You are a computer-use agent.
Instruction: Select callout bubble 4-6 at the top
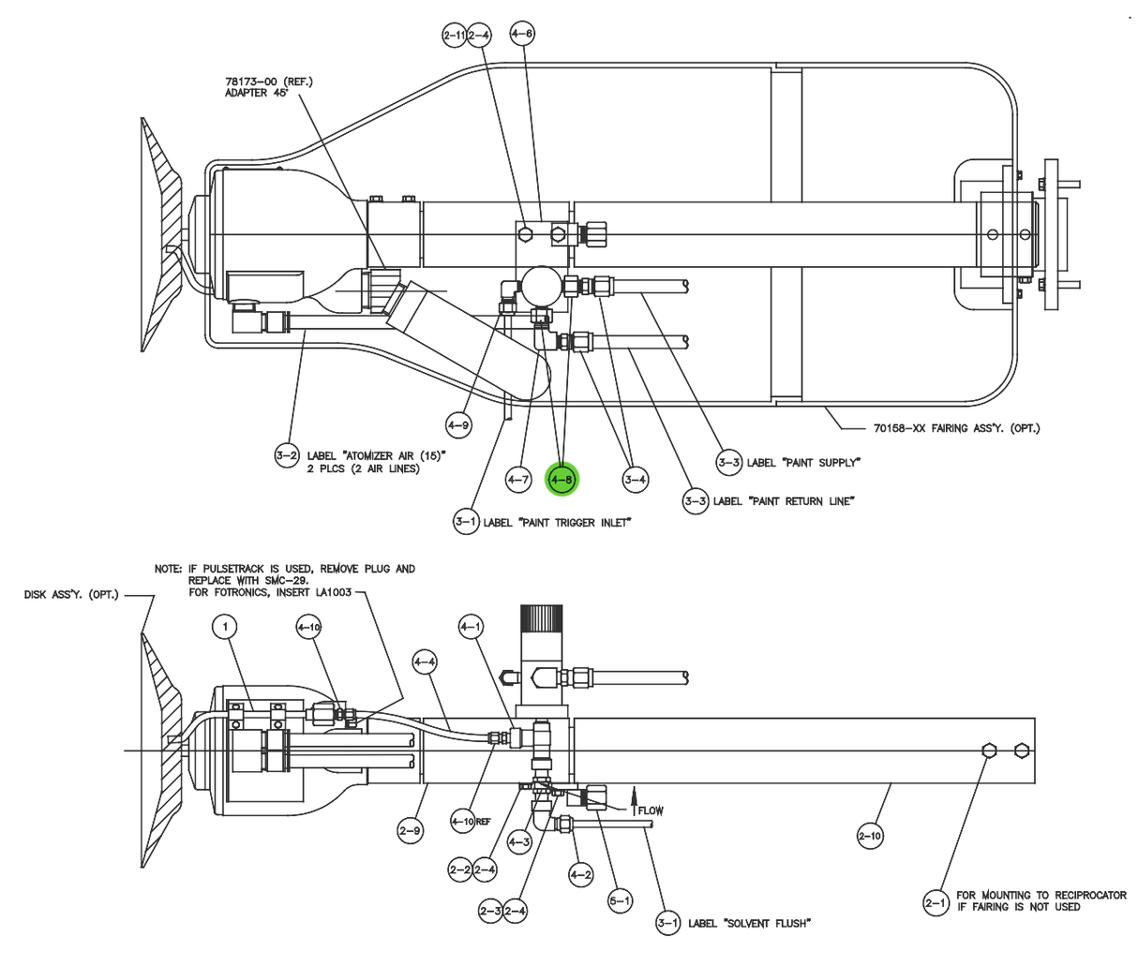(522, 35)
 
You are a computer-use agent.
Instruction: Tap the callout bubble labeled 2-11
(454, 36)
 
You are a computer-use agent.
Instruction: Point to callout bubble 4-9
(457, 425)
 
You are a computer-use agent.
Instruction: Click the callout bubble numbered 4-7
(518, 480)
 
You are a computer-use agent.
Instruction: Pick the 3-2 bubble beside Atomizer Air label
(286, 456)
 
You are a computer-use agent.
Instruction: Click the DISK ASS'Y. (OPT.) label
(71, 595)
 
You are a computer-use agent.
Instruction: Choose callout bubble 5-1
(620, 900)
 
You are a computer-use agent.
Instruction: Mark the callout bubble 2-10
(870, 835)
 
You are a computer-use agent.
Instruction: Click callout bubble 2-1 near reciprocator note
(936, 902)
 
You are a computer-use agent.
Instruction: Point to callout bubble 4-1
(471, 626)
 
